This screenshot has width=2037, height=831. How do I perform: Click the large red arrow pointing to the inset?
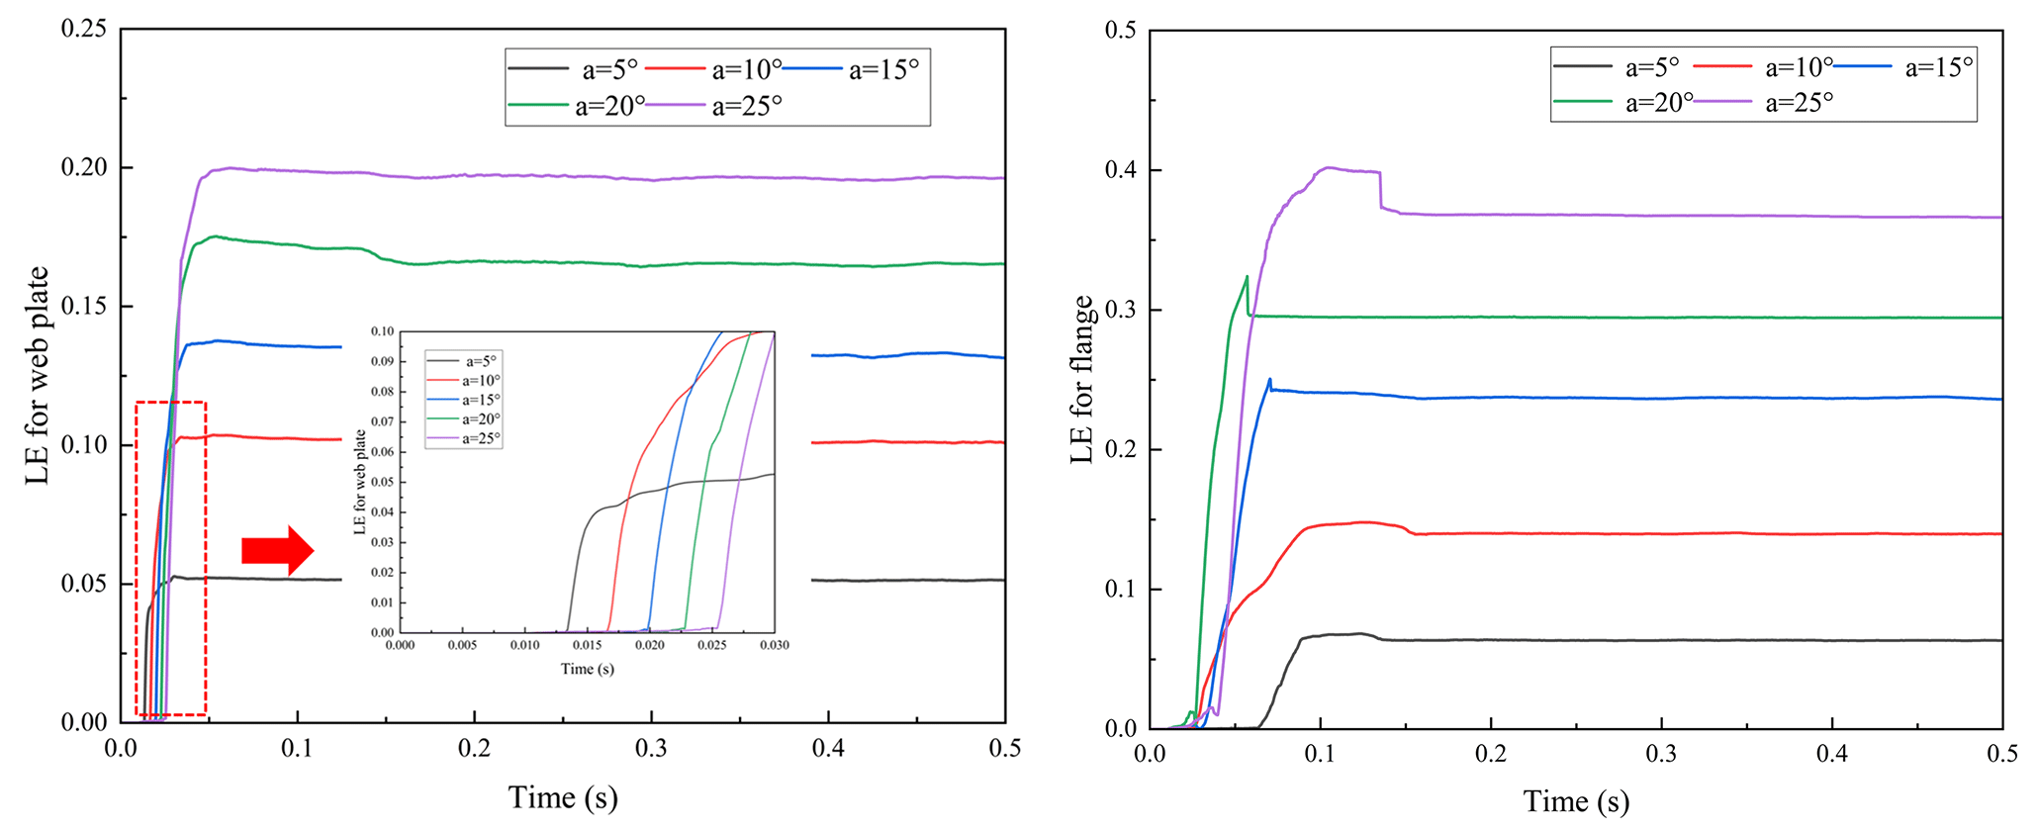pos(278,550)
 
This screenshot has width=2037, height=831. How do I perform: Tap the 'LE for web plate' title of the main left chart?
pos(38,376)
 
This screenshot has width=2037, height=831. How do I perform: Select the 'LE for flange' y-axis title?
pos(1083,380)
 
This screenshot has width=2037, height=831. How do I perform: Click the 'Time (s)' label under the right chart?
pos(1576,801)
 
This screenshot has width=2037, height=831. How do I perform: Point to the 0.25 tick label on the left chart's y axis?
pos(83,29)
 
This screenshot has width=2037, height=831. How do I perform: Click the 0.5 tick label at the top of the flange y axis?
pos(1120,31)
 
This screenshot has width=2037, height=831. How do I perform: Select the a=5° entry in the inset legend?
pos(481,362)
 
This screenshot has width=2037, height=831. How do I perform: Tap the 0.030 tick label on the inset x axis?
pos(774,645)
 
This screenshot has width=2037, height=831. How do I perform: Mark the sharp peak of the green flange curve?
pos(1247,276)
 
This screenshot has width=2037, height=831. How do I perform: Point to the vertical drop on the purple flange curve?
pos(1380,190)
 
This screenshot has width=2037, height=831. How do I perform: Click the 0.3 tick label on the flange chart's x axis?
pos(1661,755)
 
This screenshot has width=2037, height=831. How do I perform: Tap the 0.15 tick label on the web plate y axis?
pos(83,307)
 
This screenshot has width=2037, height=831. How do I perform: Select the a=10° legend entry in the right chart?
pos(1799,67)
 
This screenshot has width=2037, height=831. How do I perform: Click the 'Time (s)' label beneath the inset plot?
pos(587,669)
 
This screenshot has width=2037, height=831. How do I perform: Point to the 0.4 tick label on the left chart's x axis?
pos(828,749)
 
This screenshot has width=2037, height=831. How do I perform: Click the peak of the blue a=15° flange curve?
pos(1269,379)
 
